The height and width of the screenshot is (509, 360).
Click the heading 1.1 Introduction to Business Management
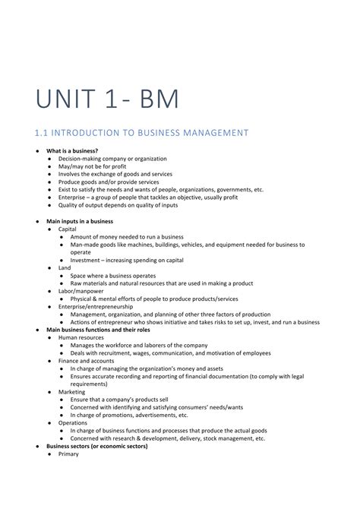(142, 133)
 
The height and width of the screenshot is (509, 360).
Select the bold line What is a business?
(72, 151)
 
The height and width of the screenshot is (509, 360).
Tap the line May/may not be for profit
(93, 166)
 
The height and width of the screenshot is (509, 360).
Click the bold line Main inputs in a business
(80, 221)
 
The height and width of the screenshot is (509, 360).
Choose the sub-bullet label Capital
(68, 229)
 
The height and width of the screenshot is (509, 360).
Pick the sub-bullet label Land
(65, 268)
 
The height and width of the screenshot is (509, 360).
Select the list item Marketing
(72, 392)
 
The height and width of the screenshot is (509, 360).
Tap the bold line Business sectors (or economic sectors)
(97, 447)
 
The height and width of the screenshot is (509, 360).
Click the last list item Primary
(68, 454)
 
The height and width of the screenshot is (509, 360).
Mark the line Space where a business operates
(113, 276)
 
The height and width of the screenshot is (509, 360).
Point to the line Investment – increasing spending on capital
(127, 260)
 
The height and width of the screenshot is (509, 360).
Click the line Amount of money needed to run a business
(127, 236)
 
